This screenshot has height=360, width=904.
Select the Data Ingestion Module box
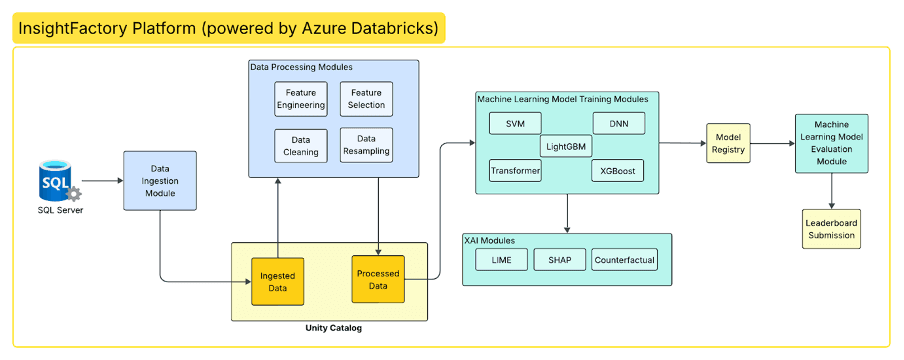(160, 181)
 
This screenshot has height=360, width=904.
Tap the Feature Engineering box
(301, 99)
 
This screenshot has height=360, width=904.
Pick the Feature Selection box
(366, 99)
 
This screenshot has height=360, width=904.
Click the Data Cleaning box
(301, 145)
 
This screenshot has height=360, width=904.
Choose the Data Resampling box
(366, 145)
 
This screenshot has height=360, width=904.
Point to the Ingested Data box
(277, 282)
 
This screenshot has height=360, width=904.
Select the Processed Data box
(378, 279)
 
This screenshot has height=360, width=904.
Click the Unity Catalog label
(329, 328)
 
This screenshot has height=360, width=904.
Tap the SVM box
(515, 123)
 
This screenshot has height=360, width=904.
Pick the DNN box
(619, 123)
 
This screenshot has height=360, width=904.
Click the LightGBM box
(566, 147)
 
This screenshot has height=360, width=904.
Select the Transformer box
(515, 171)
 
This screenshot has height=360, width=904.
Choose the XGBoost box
(617, 171)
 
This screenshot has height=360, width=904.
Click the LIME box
(501, 260)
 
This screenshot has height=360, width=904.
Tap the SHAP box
(560, 260)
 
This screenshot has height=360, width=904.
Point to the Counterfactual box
(624, 260)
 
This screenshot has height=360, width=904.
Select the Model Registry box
(729, 143)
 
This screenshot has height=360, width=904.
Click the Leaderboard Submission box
(831, 229)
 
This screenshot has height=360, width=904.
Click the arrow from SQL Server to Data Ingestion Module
(103, 181)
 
